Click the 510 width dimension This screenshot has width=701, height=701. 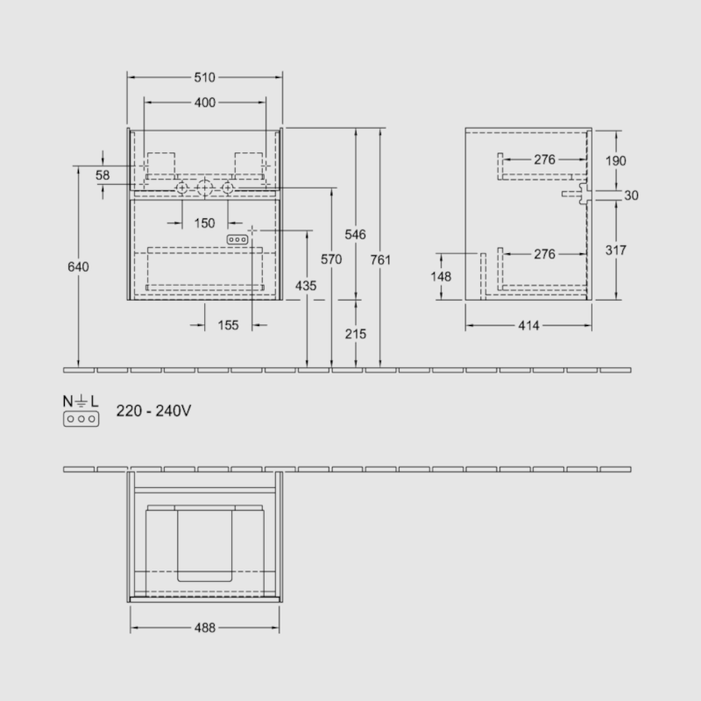[x=205, y=77]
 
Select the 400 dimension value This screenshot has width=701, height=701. [x=205, y=103]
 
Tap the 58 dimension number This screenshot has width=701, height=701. [x=103, y=174]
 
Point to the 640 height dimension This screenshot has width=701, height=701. [x=78, y=267]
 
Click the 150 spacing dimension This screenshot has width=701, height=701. [x=205, y=223]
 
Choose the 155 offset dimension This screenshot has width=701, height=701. [x=228, y=325]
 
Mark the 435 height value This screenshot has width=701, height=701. [x=306, y=286]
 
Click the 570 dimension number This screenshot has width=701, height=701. [x=331, y=259]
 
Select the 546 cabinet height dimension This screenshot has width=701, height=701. [x=356, y=234]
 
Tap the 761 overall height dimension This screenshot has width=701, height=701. [x=380, y=259]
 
